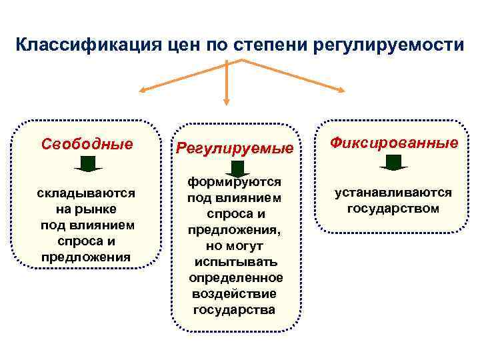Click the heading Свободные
[x=87, y=143]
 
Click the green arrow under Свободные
[x=88, y=164]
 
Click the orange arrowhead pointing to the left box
[x=142, y=92]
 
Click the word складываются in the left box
[x=86, y=193]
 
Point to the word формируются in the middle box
[x=234, y=182]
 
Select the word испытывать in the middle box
[x=234, y=261]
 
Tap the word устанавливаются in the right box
[x=393, y=193]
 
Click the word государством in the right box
[x=393, y=209]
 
